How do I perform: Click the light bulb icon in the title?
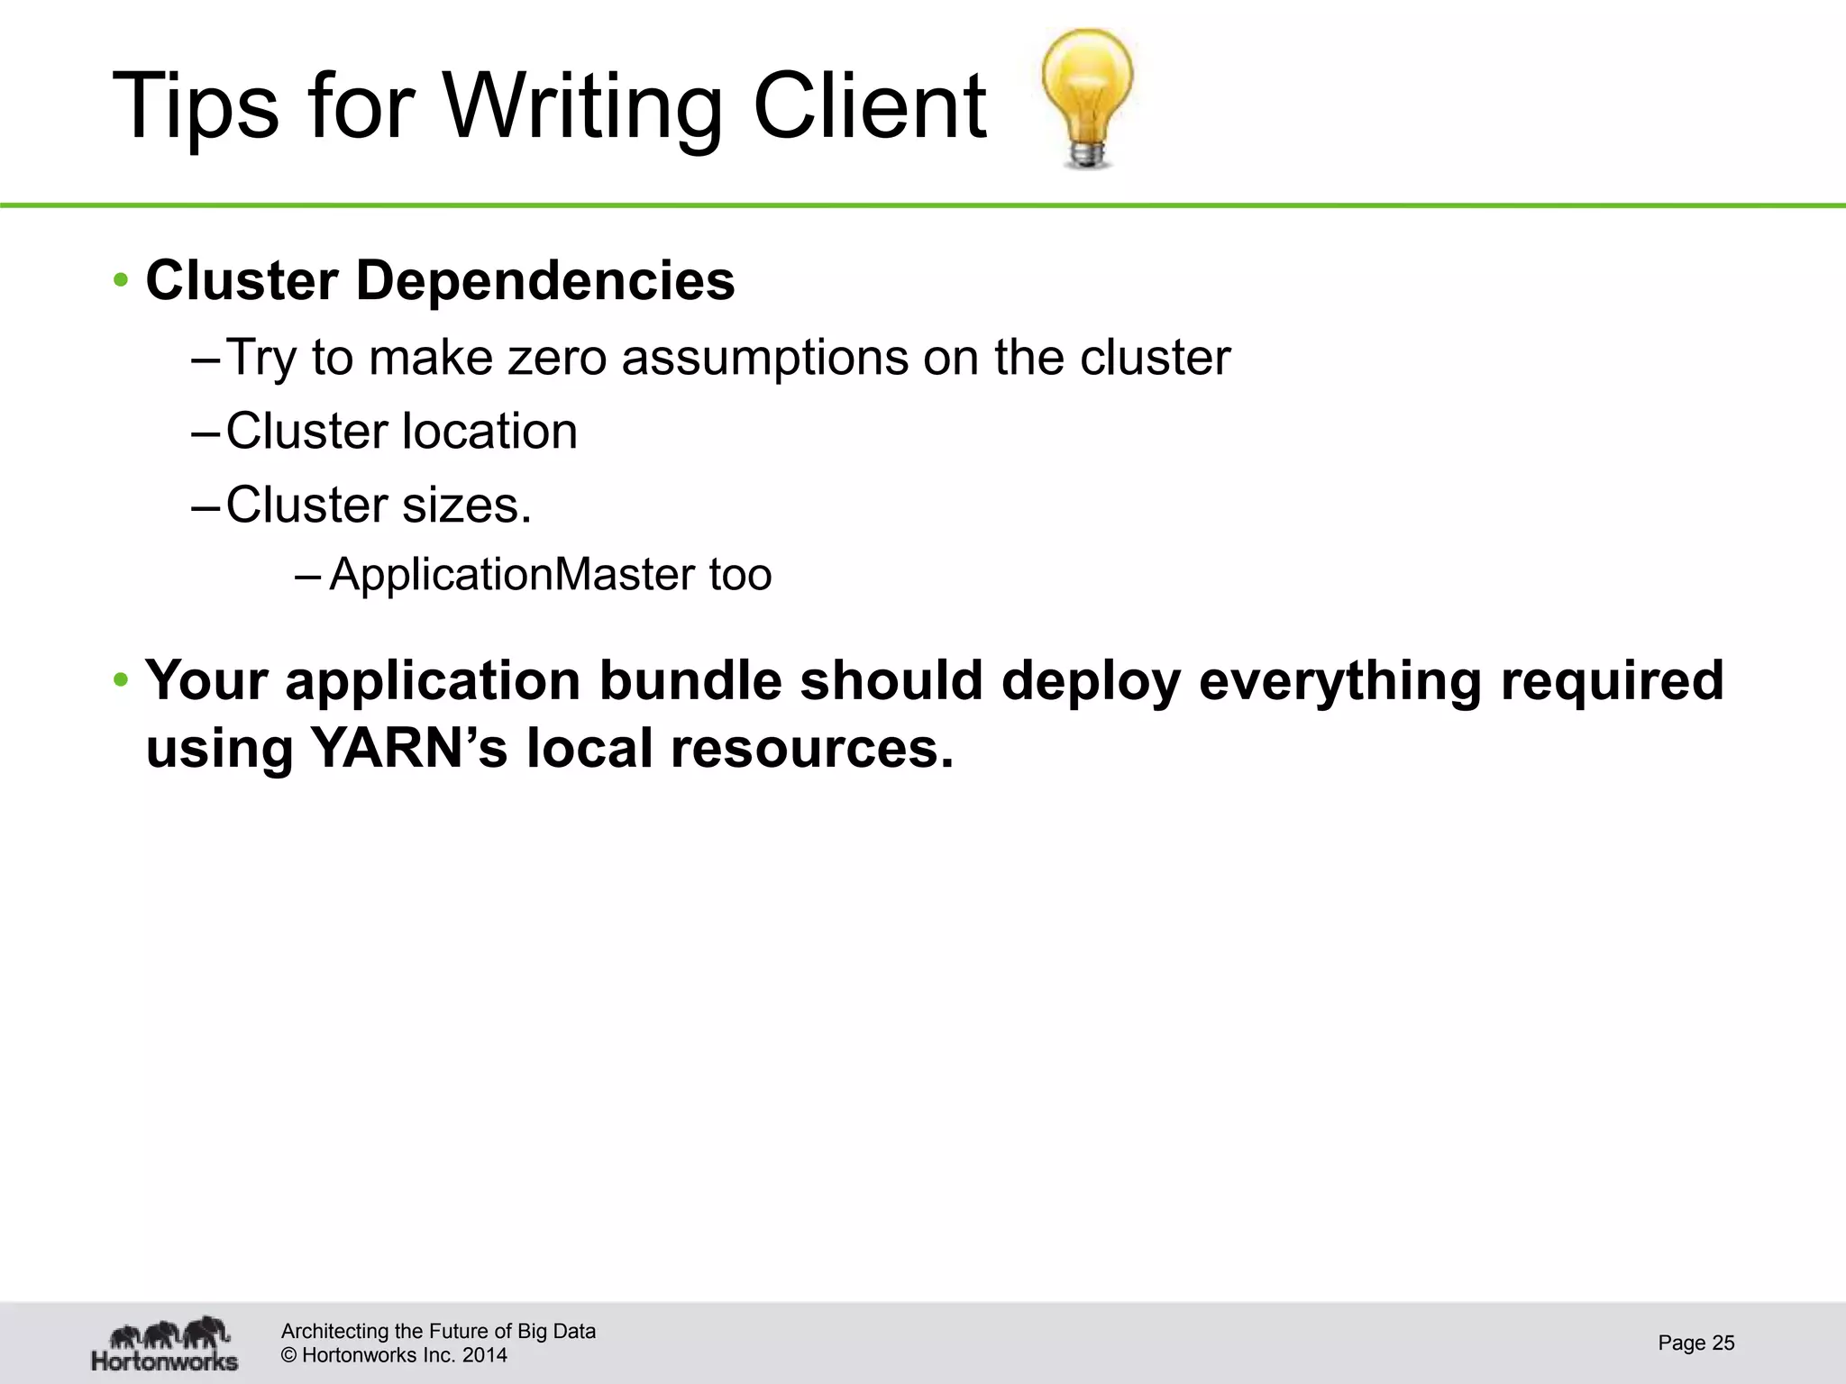coord(1087,97)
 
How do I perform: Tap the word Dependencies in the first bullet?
coord(545,281)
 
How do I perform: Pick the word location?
coord(489,432)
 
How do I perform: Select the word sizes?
coord(467,505)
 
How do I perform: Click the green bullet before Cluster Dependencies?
coord(121,281)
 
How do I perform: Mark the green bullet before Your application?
coord(121,680)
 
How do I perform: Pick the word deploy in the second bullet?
coord(1091,680)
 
